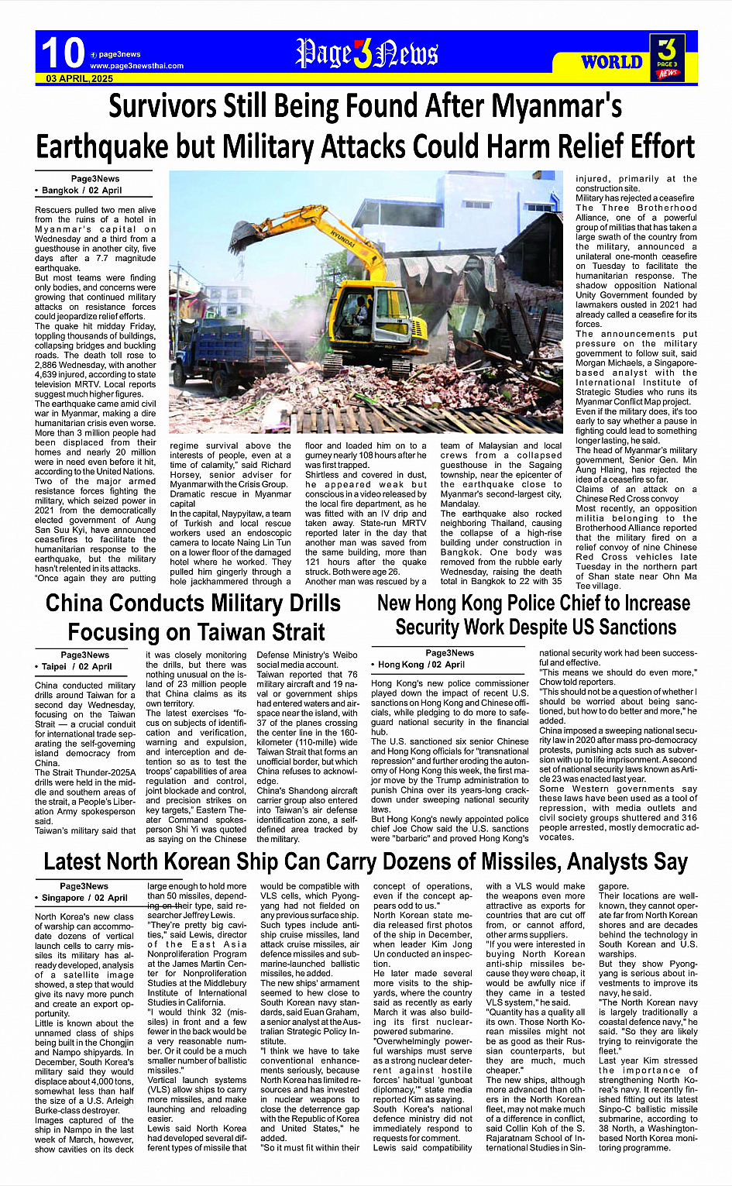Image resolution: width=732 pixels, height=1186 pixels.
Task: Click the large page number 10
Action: click(x=62, y=53)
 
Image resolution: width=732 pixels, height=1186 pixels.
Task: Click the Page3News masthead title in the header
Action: click(x=366, y=53)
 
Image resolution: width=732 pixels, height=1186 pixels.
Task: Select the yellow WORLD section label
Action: click(x=611, y=62)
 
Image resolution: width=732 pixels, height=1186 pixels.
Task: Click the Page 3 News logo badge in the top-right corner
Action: click(x=667, y=57)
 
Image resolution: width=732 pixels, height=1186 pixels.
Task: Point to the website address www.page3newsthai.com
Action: click(x=136, y=66)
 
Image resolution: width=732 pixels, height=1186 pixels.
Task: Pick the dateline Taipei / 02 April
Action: click(x=77, y=666)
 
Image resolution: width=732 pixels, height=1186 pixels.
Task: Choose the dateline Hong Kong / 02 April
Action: click(x=422, y=665)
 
